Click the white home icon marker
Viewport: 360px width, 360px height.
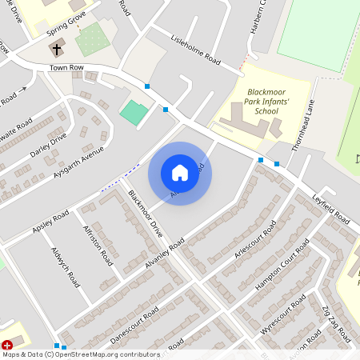pos(180,172)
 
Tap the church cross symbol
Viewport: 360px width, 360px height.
pos(57,50)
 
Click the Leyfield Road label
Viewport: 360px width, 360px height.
pos(331,206)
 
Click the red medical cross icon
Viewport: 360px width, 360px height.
pos(7,344)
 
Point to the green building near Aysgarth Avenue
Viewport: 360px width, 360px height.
pos(134,112)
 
